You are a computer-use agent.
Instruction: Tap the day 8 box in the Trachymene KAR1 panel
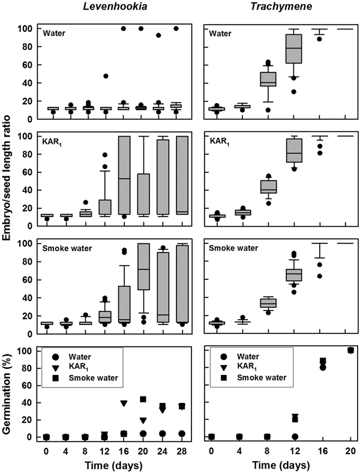coord(267,187)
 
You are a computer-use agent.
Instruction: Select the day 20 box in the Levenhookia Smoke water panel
coord(143,270)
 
